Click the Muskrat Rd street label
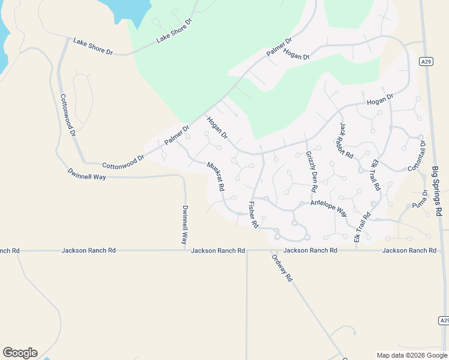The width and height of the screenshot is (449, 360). (x=216, y=176)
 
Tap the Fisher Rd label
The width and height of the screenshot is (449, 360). (x=253, y=215)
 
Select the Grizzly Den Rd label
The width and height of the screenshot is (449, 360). (x=311, y=172)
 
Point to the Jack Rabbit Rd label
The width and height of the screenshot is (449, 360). (x=346, y=140)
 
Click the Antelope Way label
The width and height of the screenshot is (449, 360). (x=328, y=208)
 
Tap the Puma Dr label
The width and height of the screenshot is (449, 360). (x=420, y=199)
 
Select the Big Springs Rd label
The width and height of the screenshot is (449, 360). (x=436, y=192)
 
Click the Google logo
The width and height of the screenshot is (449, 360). (x=20, y=352)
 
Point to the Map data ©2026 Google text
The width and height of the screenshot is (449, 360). (x=412, y=355)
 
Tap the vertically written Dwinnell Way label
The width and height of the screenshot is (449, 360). (x=184, y=225)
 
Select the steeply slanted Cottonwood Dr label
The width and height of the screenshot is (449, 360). (x=67, y=115)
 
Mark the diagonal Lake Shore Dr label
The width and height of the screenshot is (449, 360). (x=174, y=30)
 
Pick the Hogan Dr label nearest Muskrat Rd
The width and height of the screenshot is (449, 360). (x=217, y=127)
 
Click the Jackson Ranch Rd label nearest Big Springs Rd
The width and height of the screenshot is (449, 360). (x=409, y=250)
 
